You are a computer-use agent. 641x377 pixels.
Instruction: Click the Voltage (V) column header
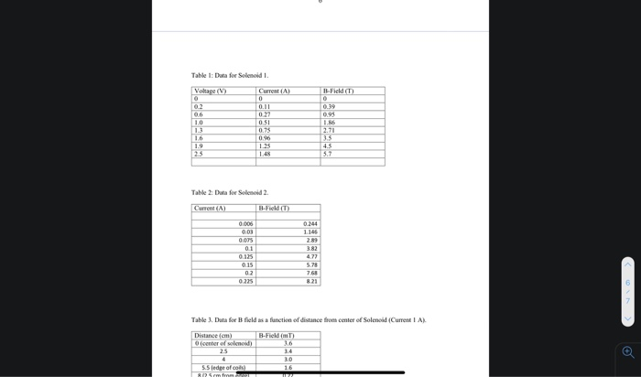click(211, 91)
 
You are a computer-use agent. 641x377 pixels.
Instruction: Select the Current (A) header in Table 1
click(275, 91)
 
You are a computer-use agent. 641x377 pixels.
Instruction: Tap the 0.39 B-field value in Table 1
click(330, 106)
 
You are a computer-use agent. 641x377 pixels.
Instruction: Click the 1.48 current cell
click(265, 154)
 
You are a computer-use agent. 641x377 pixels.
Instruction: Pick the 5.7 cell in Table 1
click(328, 154)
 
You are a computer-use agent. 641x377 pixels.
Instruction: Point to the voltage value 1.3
click(199, 130)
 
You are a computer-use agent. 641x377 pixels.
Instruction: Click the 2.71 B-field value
click(330, 130)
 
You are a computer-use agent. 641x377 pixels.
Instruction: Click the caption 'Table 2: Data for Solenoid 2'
click(230, 192)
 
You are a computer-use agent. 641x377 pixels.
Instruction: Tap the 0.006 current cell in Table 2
click(245, 223)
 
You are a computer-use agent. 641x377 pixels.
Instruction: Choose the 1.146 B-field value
click(310, 232)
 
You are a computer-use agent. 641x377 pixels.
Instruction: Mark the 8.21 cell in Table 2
click(311, 281)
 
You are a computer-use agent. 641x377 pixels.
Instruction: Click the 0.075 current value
click(245, 240)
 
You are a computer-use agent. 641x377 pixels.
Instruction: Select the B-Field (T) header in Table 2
click(274, 209)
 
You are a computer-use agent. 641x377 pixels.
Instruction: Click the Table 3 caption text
click(308, 319)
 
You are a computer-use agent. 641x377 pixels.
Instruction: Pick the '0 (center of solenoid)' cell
click(223, 343)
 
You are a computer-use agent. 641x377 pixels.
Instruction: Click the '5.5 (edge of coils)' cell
click(223, 367)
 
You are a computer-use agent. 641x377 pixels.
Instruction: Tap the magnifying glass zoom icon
click(627, 351)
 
